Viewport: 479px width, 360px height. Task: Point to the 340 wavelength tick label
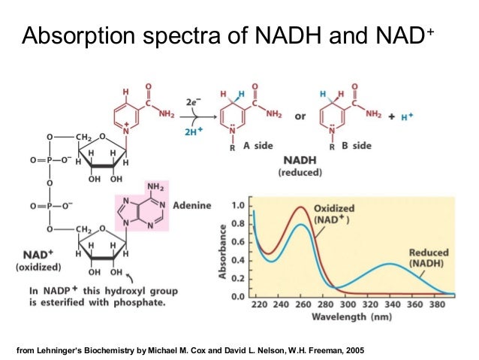[390, 306]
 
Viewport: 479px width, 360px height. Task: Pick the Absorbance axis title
[223, 251]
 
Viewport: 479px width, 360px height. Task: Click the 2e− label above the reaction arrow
[194, 101]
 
